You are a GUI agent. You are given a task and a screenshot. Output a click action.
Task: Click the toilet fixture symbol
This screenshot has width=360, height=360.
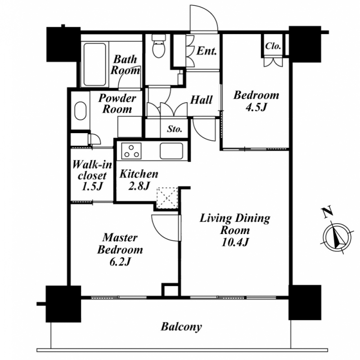tap(159, 46)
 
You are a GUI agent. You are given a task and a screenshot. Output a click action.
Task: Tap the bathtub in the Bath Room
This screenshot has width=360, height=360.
tap(94, 64)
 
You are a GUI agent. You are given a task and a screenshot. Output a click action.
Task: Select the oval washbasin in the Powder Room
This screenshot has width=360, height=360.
tap(81, 111)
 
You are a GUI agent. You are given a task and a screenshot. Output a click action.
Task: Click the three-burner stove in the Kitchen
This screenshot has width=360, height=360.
tap(131, 151)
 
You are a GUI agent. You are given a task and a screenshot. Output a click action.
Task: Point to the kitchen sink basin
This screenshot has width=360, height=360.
tap(171, 151)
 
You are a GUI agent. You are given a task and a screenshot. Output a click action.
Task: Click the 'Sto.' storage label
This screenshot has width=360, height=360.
tap(175, 129)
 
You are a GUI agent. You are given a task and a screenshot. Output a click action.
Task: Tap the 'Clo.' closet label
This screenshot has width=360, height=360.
tap(273, 46)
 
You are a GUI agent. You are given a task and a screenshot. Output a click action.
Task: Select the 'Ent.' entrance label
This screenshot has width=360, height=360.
tap(207, 51)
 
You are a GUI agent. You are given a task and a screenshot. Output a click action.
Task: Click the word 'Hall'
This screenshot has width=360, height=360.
tap(201, 100)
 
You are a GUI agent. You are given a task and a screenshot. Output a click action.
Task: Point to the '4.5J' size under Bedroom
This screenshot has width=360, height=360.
tap(256, 107)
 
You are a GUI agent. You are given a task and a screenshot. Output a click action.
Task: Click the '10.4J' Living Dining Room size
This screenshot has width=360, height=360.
tap(235, 242)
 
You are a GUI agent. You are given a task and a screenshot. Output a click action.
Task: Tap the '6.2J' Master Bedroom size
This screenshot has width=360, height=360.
tap(120, 261)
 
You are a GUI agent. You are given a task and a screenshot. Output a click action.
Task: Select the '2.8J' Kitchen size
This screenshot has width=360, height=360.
tap(139, 186)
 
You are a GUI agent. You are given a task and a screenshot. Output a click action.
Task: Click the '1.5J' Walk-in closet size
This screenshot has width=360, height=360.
tap(92, 187)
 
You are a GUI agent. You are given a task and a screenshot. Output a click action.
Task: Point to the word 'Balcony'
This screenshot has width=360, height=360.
tap(181, 327)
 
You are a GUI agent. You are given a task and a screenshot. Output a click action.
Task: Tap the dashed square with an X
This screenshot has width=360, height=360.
tap(167, 198)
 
